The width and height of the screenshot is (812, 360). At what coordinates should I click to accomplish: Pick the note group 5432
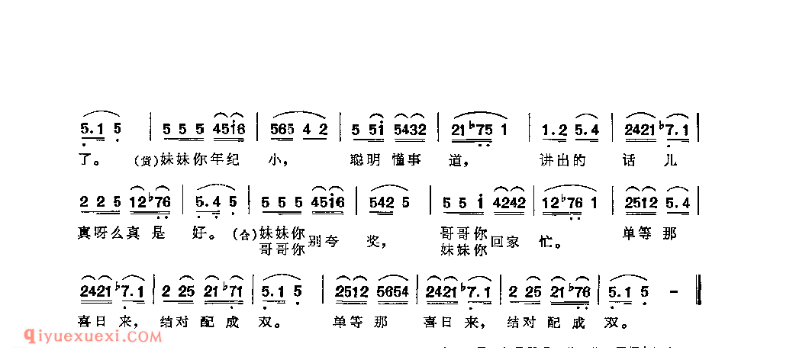(412, 130)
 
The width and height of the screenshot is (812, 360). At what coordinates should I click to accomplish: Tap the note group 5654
(395, 292)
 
